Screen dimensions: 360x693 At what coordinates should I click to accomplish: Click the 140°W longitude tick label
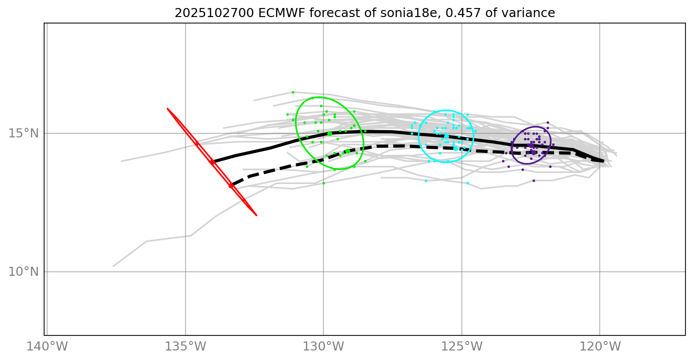point(47,346)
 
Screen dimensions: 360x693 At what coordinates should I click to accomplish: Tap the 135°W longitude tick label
point(185,346)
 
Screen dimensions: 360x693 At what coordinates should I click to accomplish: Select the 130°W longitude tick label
point(323,346)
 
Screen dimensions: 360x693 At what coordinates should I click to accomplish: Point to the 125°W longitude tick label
point(461,346)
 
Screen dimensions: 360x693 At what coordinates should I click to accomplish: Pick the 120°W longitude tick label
point(600,346)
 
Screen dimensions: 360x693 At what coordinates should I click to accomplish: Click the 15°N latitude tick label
point(24,133)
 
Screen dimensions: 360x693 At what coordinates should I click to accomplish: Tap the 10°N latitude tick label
point(24,272)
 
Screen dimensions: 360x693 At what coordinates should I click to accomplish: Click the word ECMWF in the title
point(278,14)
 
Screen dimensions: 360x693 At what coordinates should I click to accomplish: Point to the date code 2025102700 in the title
point(214,14)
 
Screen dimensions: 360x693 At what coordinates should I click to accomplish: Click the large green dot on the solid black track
point(329,134)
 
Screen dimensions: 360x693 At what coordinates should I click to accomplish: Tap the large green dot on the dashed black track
point(348,151)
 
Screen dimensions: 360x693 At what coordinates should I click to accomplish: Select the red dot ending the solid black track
point(212,162)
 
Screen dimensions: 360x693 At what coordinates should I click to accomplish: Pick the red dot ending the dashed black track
point(231,186)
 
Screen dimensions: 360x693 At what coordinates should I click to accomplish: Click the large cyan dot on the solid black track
point(446,136)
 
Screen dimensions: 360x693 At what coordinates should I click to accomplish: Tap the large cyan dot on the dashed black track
point(455,148)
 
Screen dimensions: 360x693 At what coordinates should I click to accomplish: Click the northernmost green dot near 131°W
point(293,92)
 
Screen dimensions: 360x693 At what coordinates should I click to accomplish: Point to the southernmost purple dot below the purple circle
point(534,181)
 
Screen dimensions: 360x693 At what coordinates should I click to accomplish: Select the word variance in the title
point(532,14)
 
